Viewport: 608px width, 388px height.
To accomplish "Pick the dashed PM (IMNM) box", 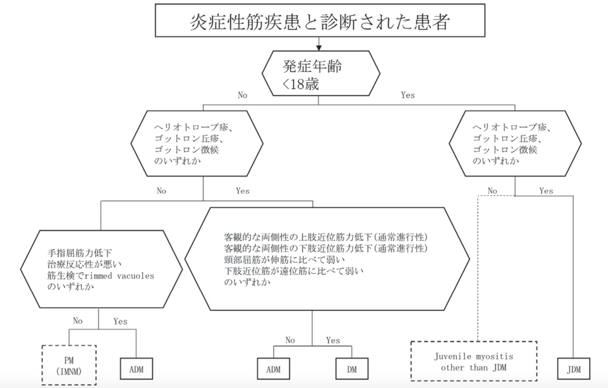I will click(68, 364).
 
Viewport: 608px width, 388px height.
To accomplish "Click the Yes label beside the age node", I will click(407, 95).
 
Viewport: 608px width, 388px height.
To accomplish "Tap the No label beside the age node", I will click(242, 95).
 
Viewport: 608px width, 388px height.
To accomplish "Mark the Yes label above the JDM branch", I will click(546, 190).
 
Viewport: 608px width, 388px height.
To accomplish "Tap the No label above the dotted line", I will click(492, 190).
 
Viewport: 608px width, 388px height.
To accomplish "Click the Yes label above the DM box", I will click(333, 340).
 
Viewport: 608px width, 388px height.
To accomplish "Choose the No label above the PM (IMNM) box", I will click(78, 321).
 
